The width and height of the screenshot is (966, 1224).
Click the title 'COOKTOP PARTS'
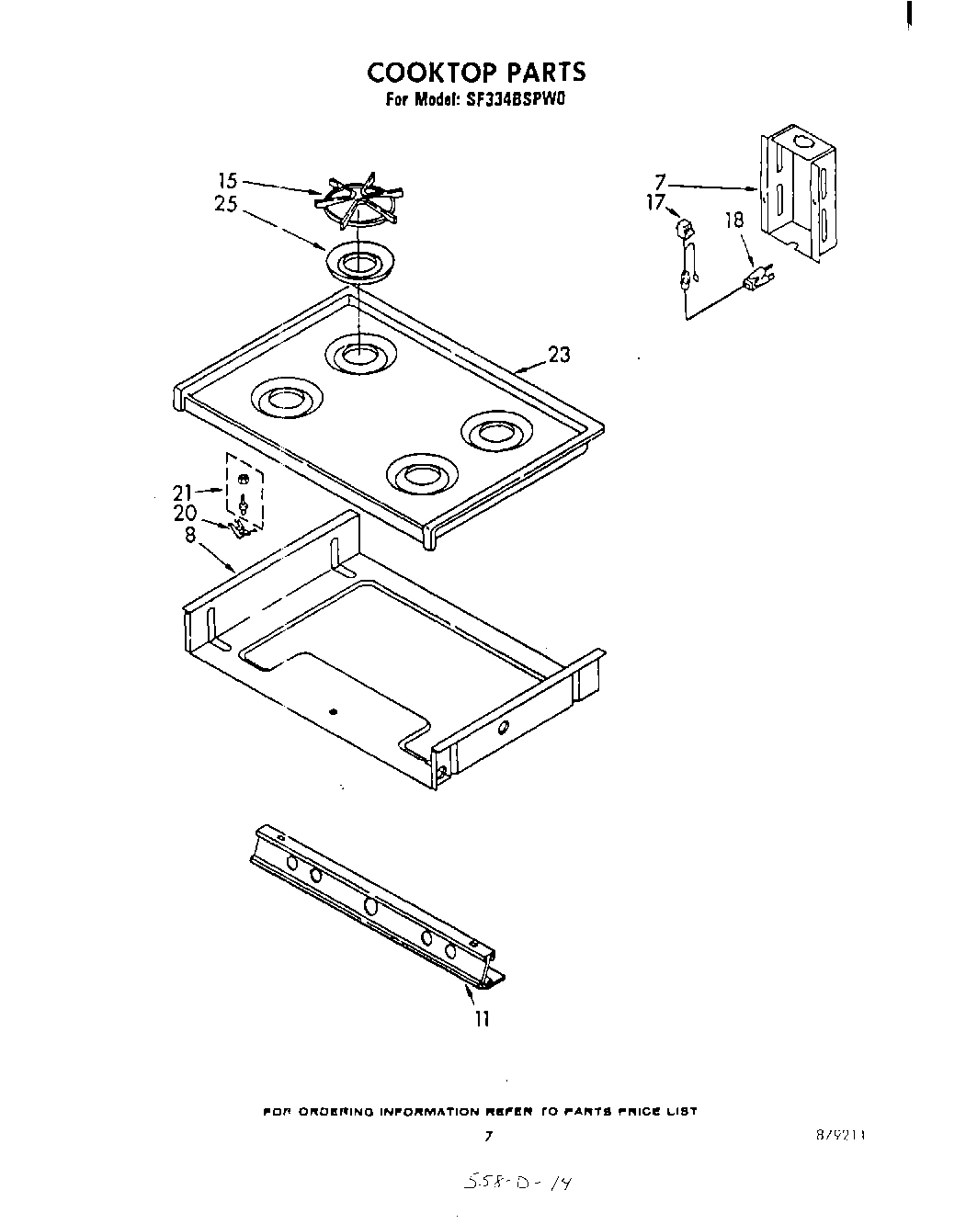476,73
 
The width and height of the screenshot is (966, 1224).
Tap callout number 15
227,182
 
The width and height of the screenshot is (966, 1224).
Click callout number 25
226,204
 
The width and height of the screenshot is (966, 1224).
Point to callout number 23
558,355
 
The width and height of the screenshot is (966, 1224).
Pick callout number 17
655,202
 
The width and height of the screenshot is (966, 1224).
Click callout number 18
734,221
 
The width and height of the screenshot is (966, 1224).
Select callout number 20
185,514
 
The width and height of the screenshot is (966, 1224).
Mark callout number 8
190,534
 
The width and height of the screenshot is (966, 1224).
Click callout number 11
483,1018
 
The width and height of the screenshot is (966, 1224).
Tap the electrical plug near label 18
758,278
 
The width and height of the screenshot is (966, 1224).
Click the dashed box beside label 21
244,491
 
